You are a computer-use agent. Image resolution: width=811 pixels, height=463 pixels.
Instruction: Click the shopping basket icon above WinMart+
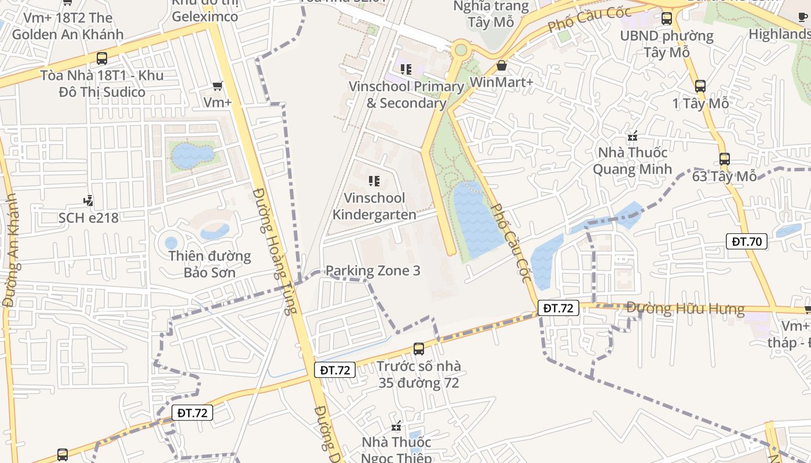pyautogui.click(x=502, y=65)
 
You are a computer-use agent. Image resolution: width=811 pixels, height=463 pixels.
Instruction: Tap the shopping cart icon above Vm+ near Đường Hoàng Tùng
pyautogui.click(x=218, y=86)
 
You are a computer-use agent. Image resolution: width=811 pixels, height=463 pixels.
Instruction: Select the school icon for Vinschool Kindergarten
pyautogui.click(x=374, y=181)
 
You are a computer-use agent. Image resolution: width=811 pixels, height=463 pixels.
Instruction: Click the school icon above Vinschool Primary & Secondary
pyautogui.click(x=406, y=69)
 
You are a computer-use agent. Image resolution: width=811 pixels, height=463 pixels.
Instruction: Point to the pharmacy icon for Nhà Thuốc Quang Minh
pyautogui.click(x=633, y=137)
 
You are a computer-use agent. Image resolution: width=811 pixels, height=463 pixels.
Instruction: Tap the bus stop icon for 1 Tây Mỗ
pyautogui.click(x=700, y=86)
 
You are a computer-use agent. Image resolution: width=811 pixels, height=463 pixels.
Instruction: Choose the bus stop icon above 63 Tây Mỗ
pyautogui.click(x=724, y=159)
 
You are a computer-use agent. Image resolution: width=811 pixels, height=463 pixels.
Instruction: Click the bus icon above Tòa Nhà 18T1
pyautogui.click(x=102, y=58)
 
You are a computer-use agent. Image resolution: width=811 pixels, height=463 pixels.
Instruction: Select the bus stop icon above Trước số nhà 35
pyautogui.click(x=419, y=348)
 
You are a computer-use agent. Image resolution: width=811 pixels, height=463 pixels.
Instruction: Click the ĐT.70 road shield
pyautogui.click(x=747, y=241)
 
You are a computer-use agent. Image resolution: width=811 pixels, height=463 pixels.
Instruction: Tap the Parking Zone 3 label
pyautogui.click(x=372, y=270)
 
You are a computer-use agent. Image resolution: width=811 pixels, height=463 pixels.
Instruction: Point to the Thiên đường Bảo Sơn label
pyautogui.click(x=209, y=264)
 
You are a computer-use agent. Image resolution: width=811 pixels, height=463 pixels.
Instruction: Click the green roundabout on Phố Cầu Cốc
pyautogui.click(x=461, y=50)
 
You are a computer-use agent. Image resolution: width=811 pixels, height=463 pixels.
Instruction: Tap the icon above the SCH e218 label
pyautogui.click(x=88, y=201)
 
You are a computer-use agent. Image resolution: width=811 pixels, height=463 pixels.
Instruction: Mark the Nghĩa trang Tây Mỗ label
pyautogui.click(x=491, y=14)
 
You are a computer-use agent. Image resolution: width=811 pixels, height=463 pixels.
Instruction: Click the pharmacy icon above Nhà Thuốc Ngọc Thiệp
pyautogui.click(x=396, y=427)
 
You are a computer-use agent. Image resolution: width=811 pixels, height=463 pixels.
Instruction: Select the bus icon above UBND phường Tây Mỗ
pyautogui.click(x=667, y=18)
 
